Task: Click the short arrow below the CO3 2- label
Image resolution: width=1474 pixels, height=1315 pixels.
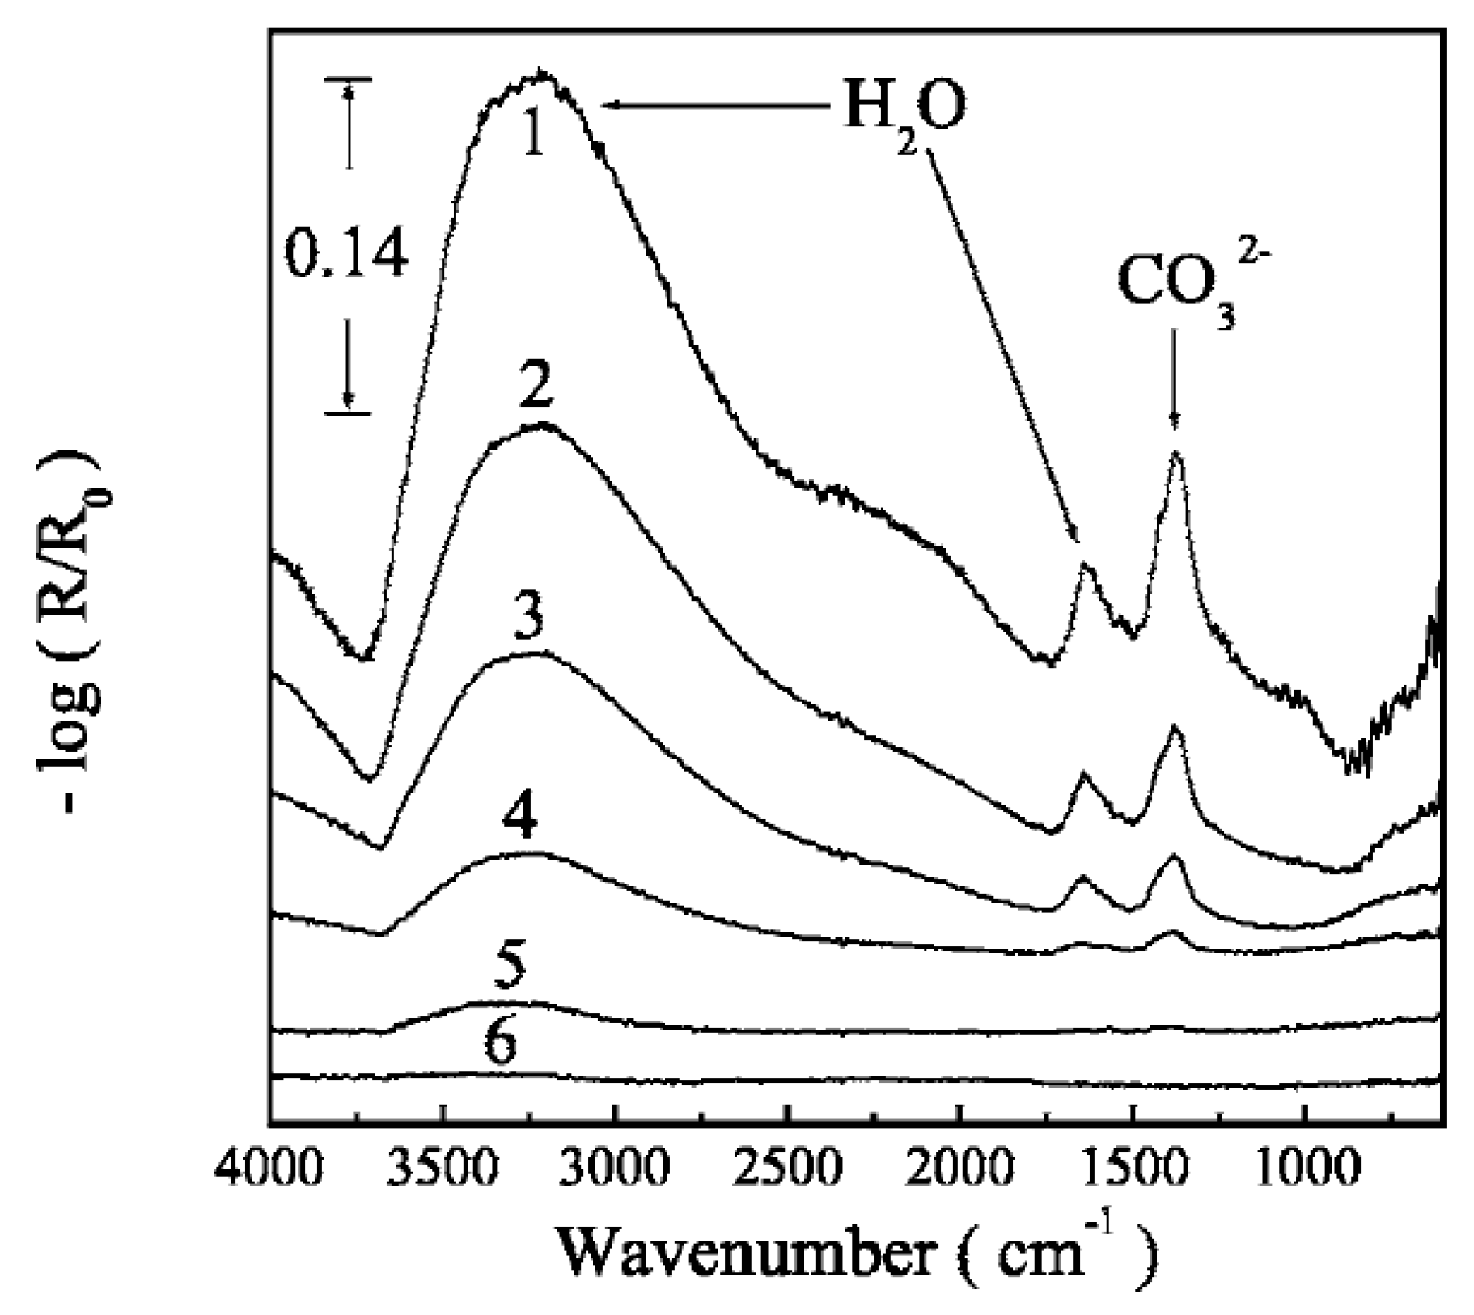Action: tap(1175, 392)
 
